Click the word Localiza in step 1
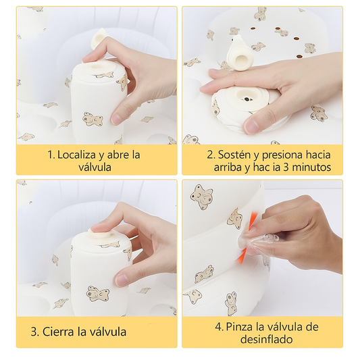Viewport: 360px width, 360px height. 76,155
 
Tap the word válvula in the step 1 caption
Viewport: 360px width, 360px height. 95,167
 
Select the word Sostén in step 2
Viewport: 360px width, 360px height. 234,155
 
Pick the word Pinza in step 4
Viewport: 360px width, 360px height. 239,326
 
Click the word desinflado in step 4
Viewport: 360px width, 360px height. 266,339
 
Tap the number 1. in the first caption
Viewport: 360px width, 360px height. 51,155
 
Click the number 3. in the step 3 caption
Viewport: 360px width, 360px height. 35,332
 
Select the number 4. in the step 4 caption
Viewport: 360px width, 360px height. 220,326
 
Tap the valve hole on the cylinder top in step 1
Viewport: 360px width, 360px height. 97,67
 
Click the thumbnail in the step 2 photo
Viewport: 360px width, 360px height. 251,126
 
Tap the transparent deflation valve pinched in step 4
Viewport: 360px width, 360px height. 259,241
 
